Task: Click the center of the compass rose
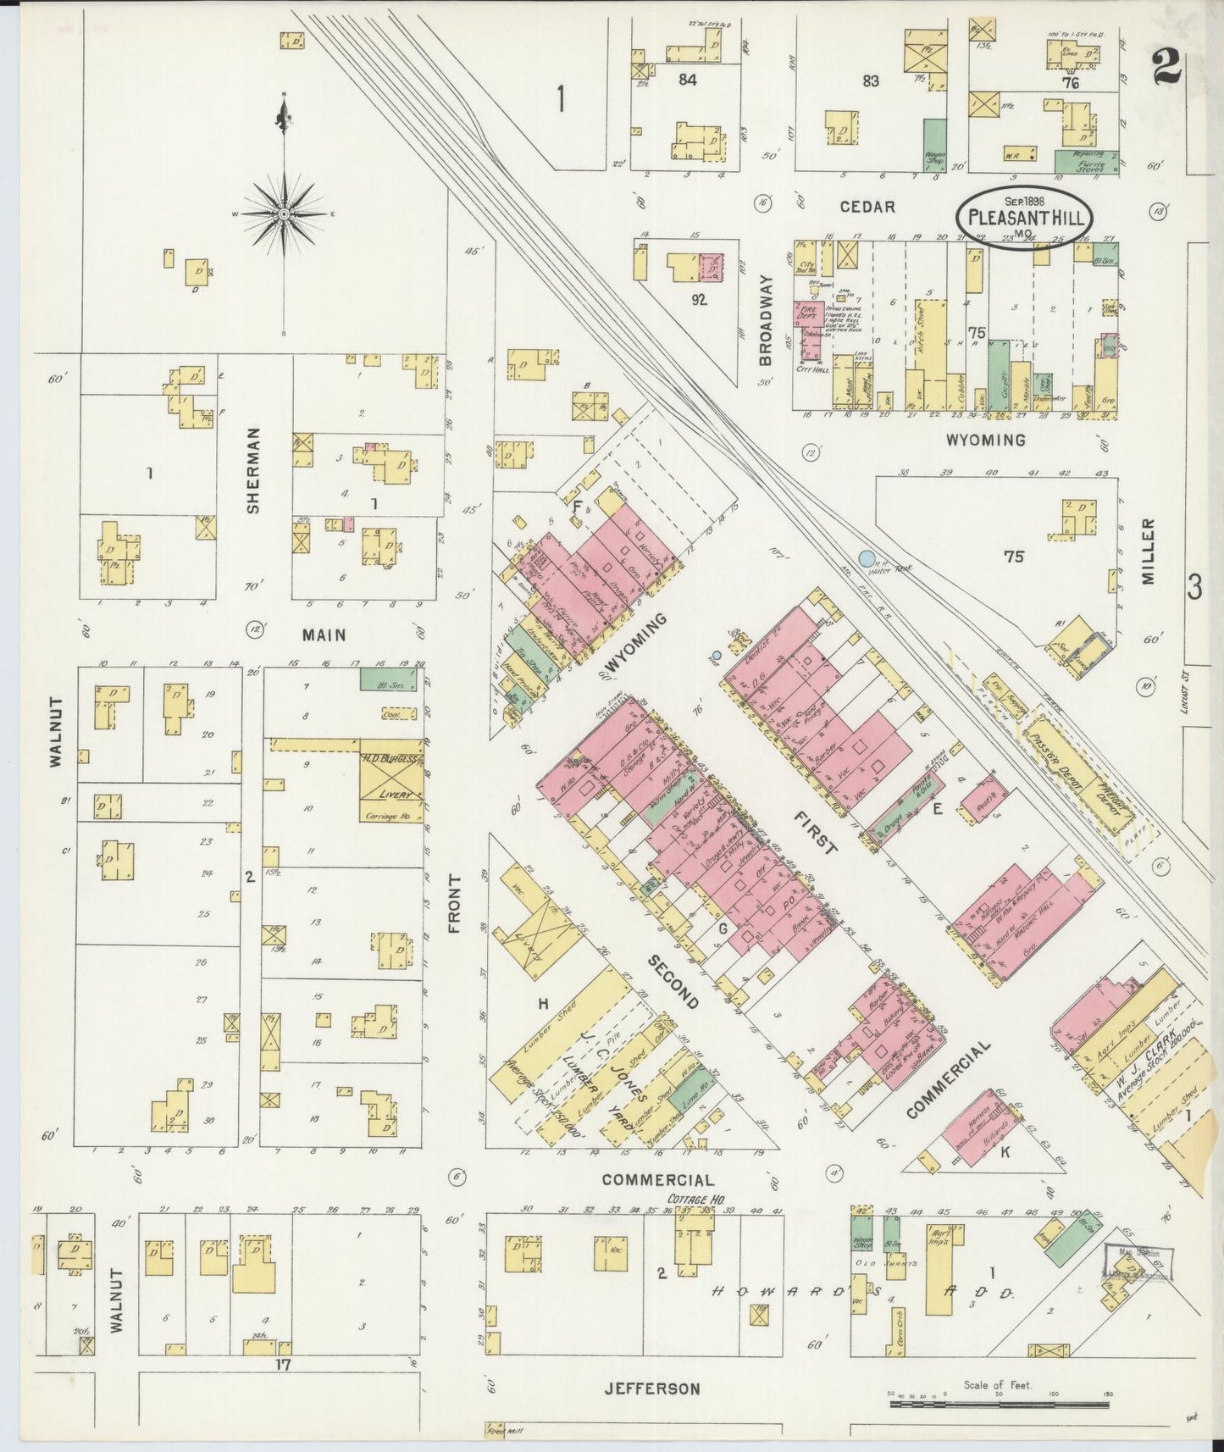coord(285,213)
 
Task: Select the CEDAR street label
coord(867,207)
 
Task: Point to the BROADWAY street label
coord(766,320)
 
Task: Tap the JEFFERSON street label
coord(652,1388)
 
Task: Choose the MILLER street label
coord(1148,551)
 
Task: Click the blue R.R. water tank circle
coord(865,558)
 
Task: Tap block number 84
coord(686,80)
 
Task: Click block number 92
coord(698,299)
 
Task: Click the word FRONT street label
coord(454,904)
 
